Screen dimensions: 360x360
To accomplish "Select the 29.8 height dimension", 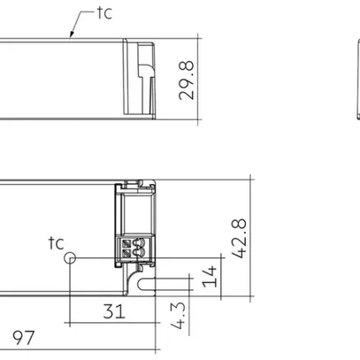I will [x=186, y=79].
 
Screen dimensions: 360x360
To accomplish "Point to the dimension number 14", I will [x=209, y=276].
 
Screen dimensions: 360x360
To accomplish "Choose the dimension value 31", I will [x=113, y=311].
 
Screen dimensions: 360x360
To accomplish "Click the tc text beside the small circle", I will [x=56, y=241].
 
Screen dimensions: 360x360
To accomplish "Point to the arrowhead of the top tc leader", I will [x=71, y=36].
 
